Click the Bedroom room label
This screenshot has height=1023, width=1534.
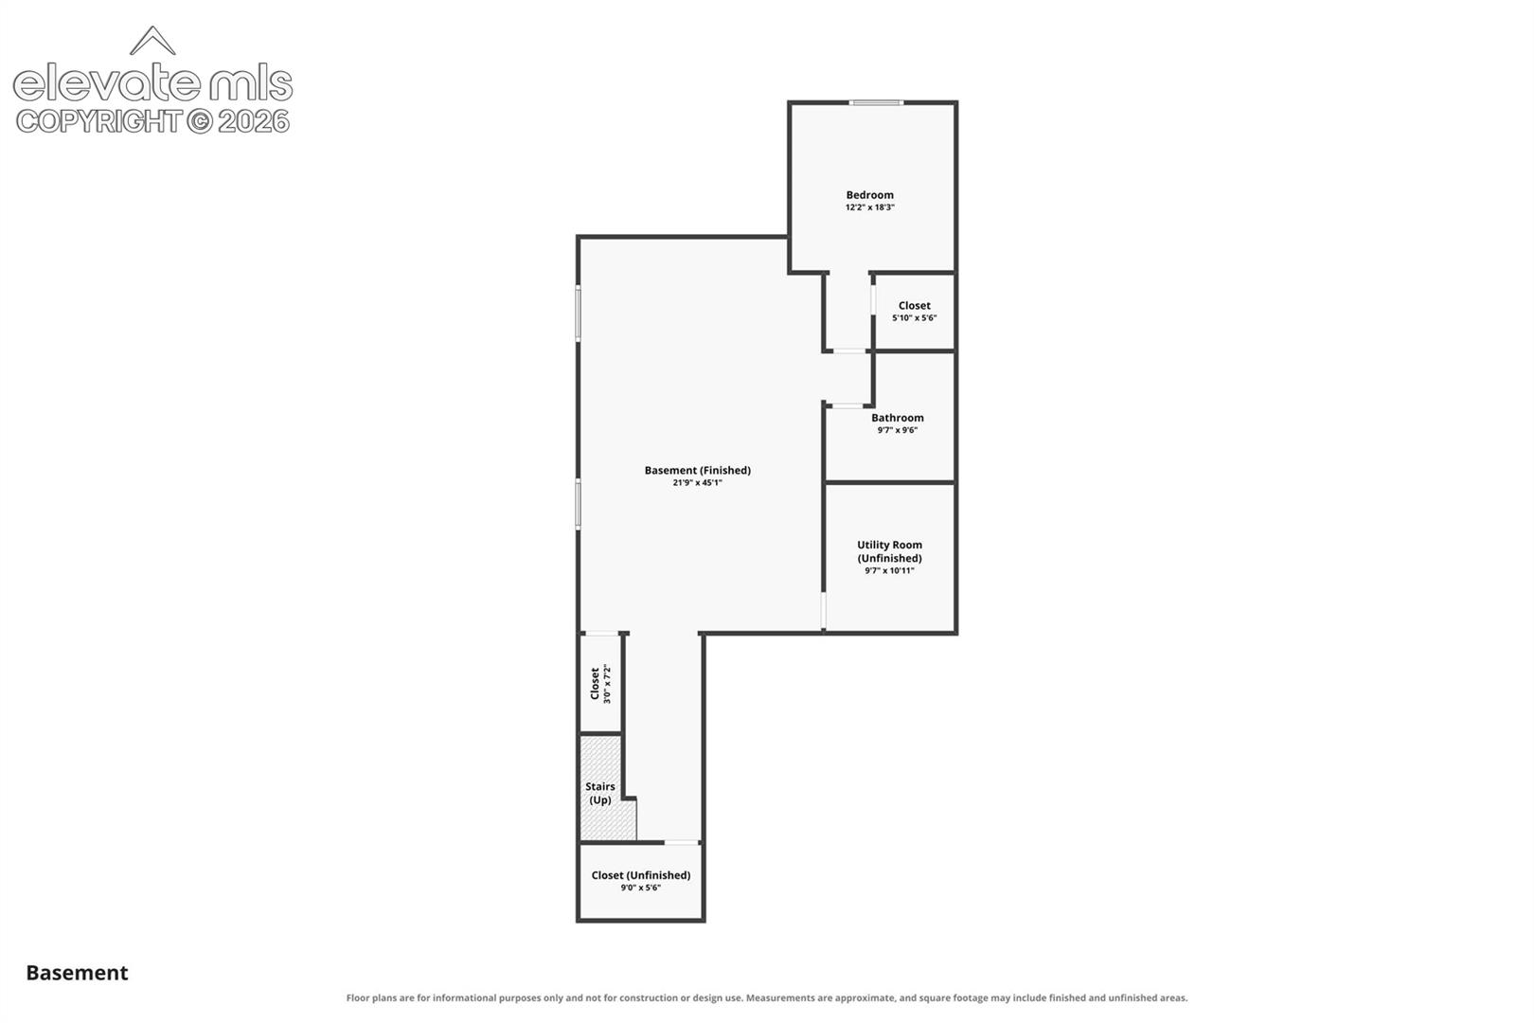pyautogui.click(x=869, y=194)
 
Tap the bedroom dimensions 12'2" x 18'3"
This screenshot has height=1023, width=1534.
pyautogui.click(x=869, y=206)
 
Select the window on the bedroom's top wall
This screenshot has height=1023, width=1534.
pyautogui.click(x=877, y=103)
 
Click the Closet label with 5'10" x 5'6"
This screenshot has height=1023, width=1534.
pyautogui.click(x=914, y=306)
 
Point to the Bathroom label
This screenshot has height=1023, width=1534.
pyautogui.click(x=897, y=418)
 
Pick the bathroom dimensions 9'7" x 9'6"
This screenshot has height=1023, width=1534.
pyautogui.click(x=897, y=430)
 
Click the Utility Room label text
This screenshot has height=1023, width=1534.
pyautogui.click(x=889, y=551)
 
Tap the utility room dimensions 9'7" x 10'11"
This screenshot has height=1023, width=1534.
pyautogui.click(x=889, y=570)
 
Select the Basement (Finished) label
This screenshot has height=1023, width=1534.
pyautogui.click(x=697, y=470)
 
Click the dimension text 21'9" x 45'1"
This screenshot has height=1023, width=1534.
pyautogui.click(x=697, y=482)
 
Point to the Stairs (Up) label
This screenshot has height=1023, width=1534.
pyautogui.click(x=600, y=793)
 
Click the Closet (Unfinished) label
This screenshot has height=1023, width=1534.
pyautogui.click(x=640, y=875)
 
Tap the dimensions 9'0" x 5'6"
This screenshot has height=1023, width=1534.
pyautogui.click(x=640, y=888)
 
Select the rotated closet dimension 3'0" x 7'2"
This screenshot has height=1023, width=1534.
pyautogui.click(x=607, y=684)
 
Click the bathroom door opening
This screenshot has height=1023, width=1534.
pyautogui.click(x=847, y=406)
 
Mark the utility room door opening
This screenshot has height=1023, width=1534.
pyautogui.click(x=823, y=610)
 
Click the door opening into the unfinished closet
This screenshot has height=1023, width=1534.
pyautogui.click(x=682, y=842)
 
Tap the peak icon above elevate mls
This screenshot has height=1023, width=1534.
pyautogui.click(x=152, y=41)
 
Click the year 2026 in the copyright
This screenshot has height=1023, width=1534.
pyautogui.click(x=254, y=122)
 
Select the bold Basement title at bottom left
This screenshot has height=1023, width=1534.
pyautogui.click(x=77, y=973)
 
